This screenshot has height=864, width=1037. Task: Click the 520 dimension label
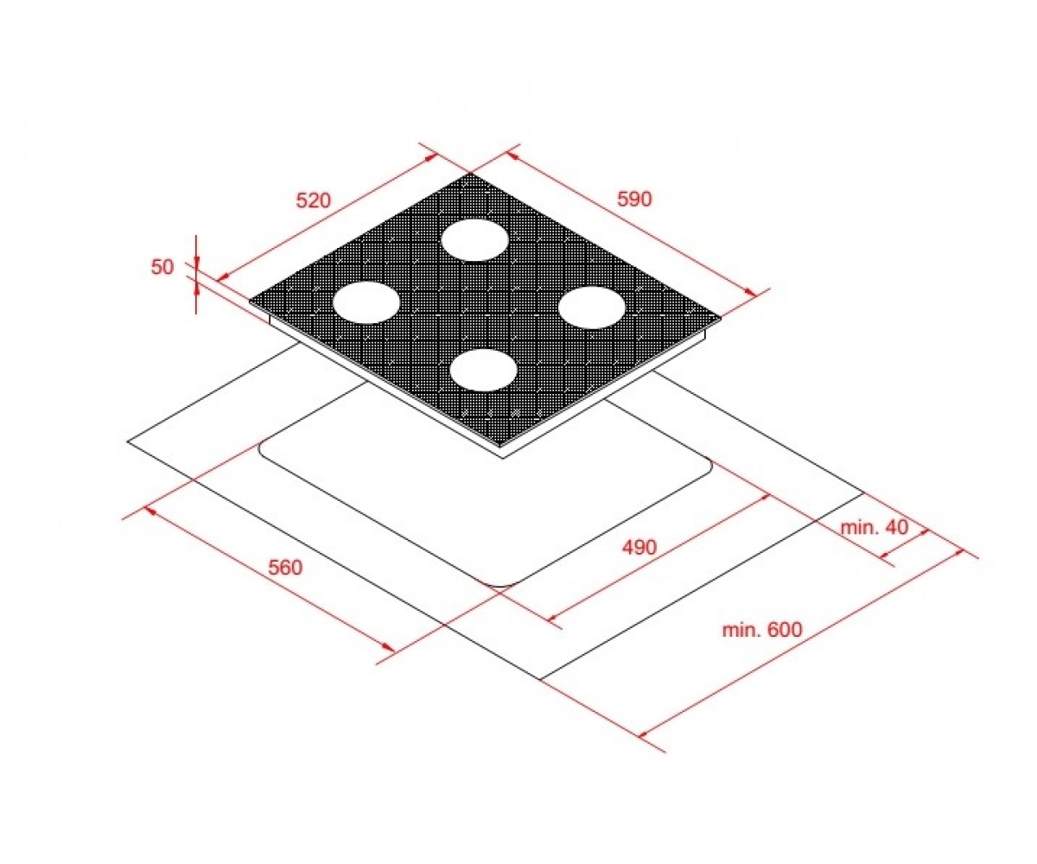pyautogui.click(x=313, y=200)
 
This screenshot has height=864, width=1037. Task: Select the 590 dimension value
pyautogui.click(x=634, y=199)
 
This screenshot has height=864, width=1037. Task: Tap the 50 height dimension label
pyautogui.click(x=162, y=267)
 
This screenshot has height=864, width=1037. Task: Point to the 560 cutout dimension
pyautogui.click(x=285, y=568)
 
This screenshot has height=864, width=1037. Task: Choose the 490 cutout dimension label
pyautogui.click(x=639, y=547)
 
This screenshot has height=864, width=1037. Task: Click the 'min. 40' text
pyautogui.click(x=874, y=527)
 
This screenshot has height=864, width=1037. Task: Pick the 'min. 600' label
pyautogui.click(x=762, y=630)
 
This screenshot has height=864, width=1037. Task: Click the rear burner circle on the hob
pyautogui.click(x=474, y=240)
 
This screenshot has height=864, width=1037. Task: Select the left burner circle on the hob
pyautogui.click(x=366, y=302)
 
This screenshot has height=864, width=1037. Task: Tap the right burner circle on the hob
pyautogui.click(x=591, y=308)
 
